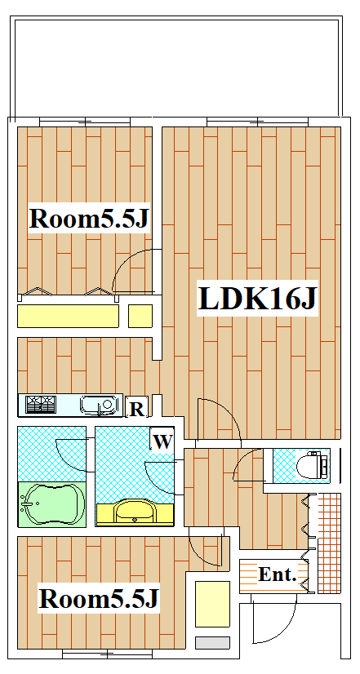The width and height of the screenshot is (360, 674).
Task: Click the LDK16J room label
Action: pyautogui.click(x=257, y=298)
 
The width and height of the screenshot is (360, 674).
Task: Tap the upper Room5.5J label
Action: pyautogui.click(x=89, y=218)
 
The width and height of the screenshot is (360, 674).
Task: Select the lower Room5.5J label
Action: pyautogui.click(x=99, y=598)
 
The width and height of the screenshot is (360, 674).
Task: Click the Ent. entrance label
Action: pyautogui.click(x=278, y=574)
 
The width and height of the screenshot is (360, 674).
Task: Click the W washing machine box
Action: pyautogui.click(x=162, y=440)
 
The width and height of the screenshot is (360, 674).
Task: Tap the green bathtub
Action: pyautogui.click(x=52, y=504)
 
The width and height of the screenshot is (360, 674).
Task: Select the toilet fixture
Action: pyautogui.click(x=313, y=465)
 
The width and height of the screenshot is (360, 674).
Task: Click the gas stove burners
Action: pyautogui.click(x=41, y=405)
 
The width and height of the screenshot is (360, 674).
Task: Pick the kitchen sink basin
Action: pyautogui.click(x=99, y=405)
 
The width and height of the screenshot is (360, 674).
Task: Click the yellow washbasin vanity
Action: pyautogui.click(x=135, y=512)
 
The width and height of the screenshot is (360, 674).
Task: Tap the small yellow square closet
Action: pyautogui.click(x=140, y=316)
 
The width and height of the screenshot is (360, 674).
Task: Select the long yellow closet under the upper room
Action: pyautogui.click(x=68, y=316)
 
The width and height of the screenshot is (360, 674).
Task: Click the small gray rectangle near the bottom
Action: pyautogui.click(x=212, y=643)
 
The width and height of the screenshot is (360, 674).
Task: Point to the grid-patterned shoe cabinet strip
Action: pyautogui.click(x=329, y=543)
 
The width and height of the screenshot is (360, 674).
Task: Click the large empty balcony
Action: pyautogui.click(x=176, y=67)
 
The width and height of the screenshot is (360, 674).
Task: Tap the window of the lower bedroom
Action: pyautogui.click(x=107, y=654)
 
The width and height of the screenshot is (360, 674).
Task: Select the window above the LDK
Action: pyautogui.click(x=258, y=122)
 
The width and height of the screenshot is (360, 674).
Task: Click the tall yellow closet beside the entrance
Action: pyautogui.click(x=212, y=604)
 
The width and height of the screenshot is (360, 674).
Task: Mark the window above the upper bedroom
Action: pyautogui.click(x=84, y=122)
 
